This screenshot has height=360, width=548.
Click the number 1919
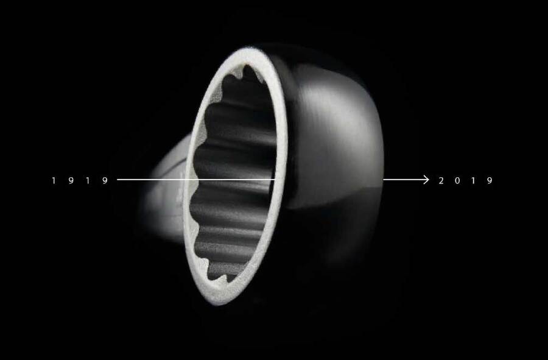[x=80, y=181]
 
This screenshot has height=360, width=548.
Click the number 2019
[x=466, y=181]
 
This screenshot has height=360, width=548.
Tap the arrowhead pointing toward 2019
[x=426, y=180]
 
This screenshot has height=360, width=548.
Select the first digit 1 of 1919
[x=54, y=181]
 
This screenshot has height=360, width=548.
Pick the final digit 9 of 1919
[x=105, y=181]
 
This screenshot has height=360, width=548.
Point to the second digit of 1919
[x=71, y=181]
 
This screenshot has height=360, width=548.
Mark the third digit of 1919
[x=88, y=181]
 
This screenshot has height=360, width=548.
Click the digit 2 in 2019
[x=441, y=181]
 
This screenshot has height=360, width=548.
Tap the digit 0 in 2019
[x=457, y=181]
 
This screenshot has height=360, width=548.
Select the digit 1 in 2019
[x=473, y=181]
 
